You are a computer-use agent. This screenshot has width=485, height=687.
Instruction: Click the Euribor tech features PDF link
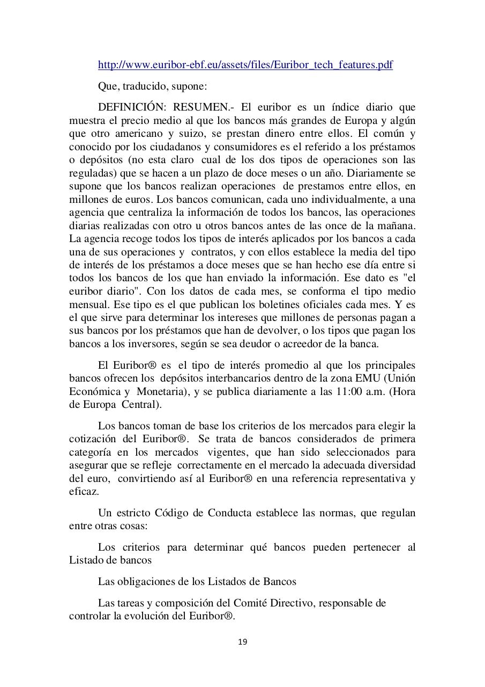pyautogui.click(x=245, y=65)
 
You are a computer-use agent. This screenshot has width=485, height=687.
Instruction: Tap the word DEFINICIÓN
pyautogui.click(x=131, y=107)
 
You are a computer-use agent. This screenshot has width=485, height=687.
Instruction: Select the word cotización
pyautogui.click(x=92, y=440)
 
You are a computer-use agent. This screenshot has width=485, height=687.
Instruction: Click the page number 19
pyautogui.click(x=242, y=642)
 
